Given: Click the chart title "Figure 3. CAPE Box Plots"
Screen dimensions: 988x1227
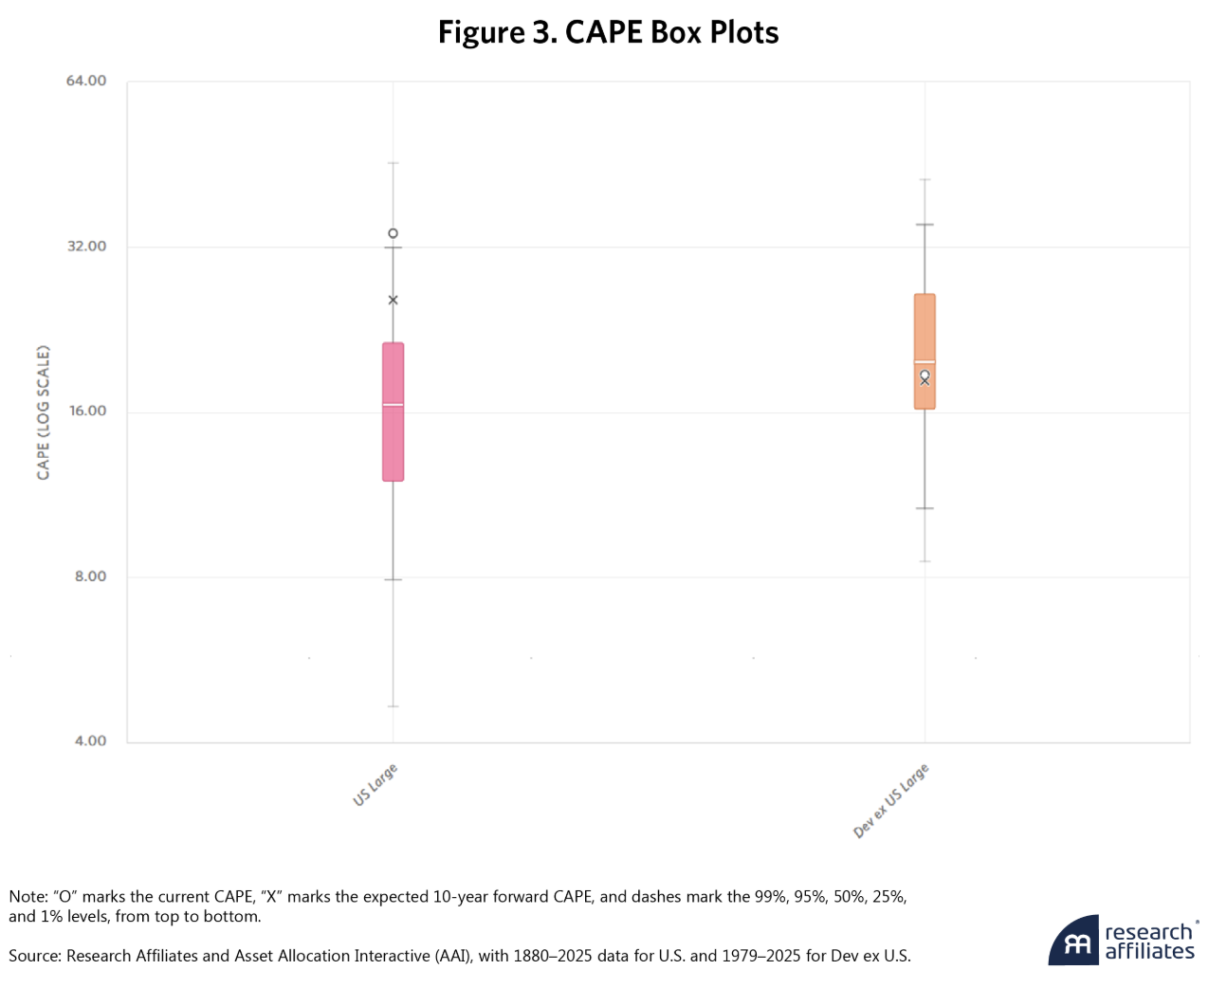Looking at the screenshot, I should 608,33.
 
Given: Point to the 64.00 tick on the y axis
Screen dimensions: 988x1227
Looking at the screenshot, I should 86,81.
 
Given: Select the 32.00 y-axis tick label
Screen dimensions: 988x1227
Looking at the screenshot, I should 86,247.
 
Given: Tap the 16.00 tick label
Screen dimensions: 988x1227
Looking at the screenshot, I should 86,412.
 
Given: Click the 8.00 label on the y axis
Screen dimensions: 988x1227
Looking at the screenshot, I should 90,576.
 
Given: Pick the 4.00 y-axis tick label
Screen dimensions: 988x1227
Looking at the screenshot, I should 90,741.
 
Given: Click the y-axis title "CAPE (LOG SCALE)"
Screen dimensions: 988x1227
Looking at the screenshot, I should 44,412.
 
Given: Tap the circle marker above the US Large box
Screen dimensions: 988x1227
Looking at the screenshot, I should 393,233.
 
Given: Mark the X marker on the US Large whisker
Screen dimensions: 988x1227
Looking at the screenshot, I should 393,301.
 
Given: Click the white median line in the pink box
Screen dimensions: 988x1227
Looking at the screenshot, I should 393,405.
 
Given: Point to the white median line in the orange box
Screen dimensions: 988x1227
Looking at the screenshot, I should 925,362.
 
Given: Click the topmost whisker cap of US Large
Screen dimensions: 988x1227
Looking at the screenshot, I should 393,163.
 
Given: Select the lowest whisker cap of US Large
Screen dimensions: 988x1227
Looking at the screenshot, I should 393,706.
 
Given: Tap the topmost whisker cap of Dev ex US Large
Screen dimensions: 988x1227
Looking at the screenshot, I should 925,179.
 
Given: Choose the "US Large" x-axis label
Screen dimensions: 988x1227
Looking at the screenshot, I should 375,785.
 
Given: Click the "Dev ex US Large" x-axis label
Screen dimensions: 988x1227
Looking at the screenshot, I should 891,801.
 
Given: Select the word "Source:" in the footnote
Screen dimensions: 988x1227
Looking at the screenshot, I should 35,956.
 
